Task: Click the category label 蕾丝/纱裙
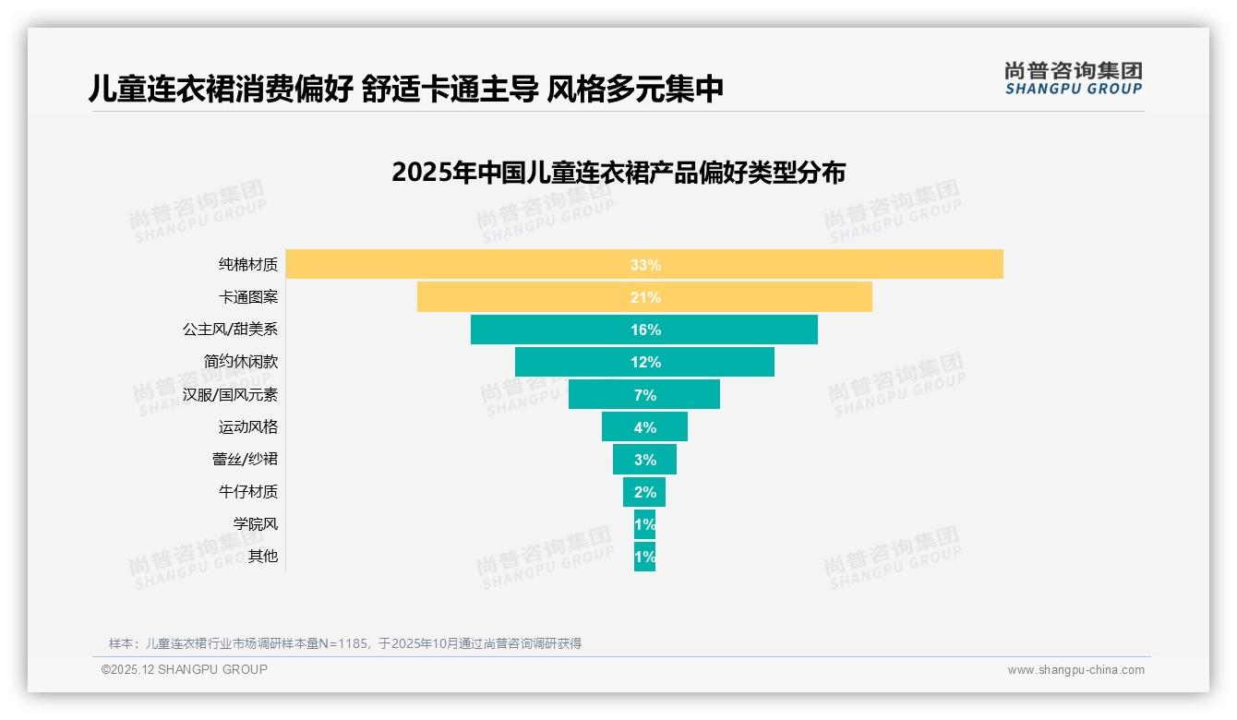tap(245, 460)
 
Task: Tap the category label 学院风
tap(256, 524)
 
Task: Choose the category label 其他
tap(263, 557)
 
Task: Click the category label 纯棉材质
tap(248, 265)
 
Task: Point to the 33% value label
tap(645, 265)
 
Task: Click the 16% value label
tap(645, 330)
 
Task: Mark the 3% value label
tap(645, 460)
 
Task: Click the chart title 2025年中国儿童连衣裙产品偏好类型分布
tap(618, 173)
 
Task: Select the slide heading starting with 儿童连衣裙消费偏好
tap(405, 89)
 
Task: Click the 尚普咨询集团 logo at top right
tap(1074, 78)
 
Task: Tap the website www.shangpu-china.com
tap(1075, 670)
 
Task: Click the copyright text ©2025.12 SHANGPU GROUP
tap(185, 669)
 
